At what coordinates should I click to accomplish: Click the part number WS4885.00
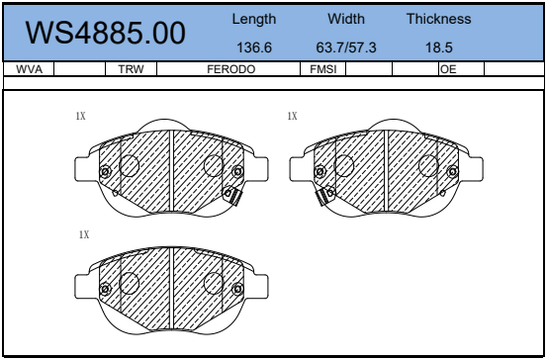(x=106, y=33)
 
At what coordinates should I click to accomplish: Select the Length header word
(x=254, y=20)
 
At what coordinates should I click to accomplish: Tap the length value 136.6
(x=254, y=47)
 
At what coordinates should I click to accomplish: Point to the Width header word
(x=346, y=19)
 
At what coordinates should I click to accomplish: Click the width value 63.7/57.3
(x=346, y=47)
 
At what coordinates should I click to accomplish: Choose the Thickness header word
(x=439, y=19)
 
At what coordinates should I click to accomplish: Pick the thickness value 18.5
(x=439, y=47)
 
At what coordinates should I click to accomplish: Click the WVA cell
(x=29, y=69)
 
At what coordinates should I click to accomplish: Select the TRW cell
(x=131, y=69)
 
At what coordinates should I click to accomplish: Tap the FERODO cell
(x=230, y=69)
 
